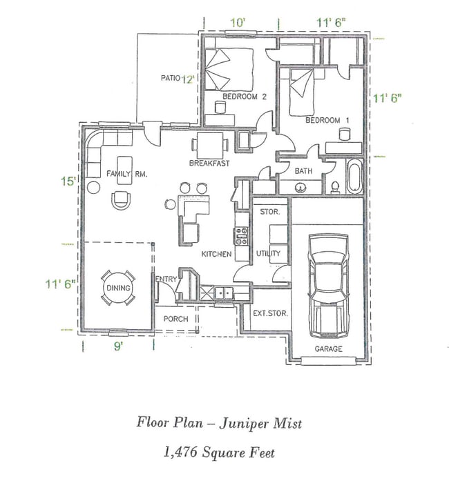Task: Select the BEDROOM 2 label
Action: click(244, 97)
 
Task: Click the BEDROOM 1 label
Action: click(327, 120)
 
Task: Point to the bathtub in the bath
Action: click(354, 177)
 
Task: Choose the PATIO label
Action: click(170, 78)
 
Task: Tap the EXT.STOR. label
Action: click(270, 313)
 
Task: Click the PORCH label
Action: click(175, 319)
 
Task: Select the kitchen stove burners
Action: click(242, 236)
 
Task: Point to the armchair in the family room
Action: click(122, 200)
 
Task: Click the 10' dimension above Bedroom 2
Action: click(238, 23)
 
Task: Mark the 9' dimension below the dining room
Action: click(119, 346)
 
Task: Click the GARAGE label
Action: click(328, 348)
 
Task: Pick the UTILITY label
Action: click(268, 254)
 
